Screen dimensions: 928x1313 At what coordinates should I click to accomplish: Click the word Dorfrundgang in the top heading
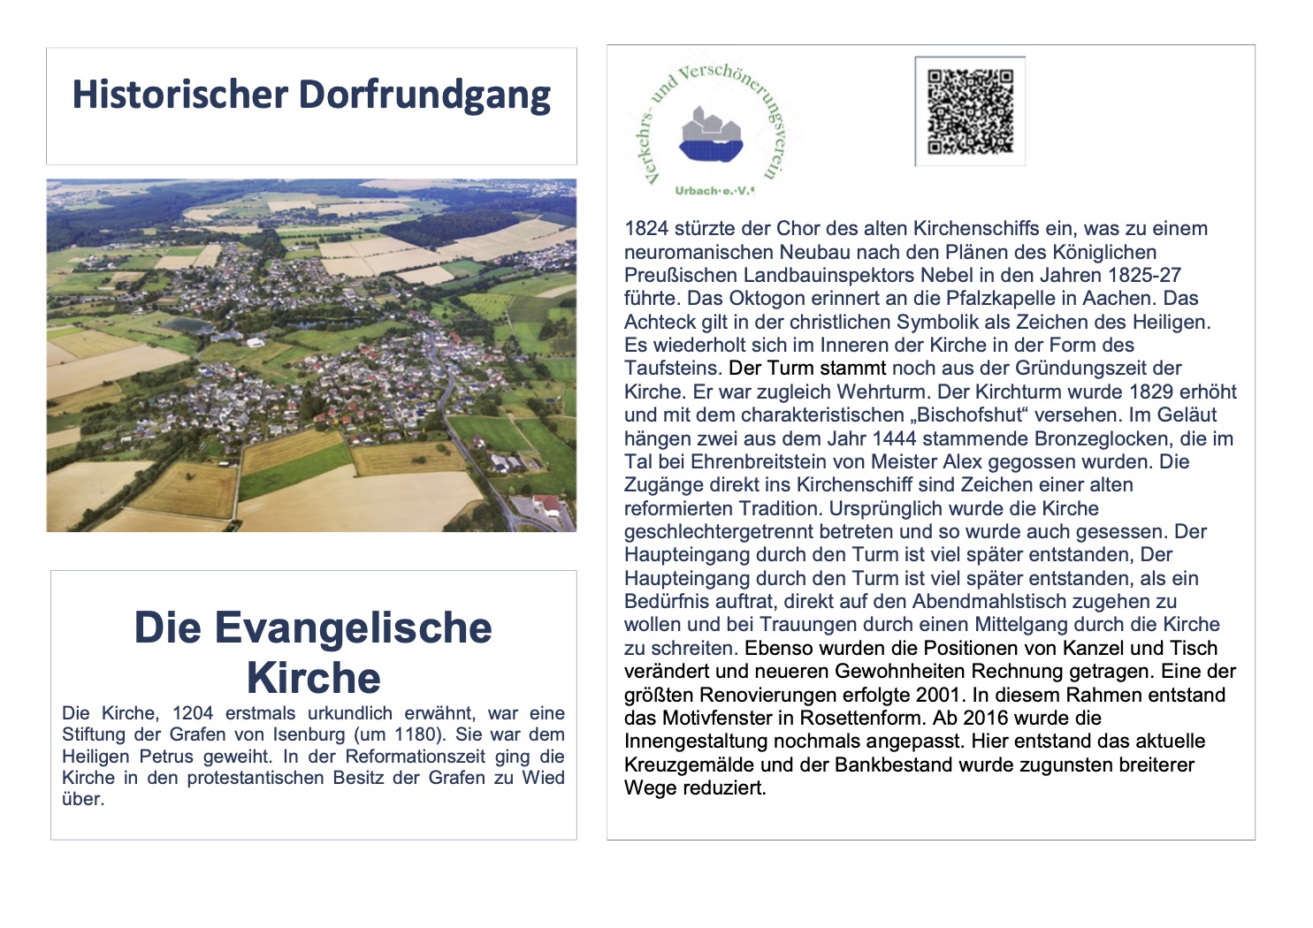(x=424, y=95)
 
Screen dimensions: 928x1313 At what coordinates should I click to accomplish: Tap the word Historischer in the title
(x=180, y=95)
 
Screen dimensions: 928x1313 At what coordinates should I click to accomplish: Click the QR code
(x=970, y=112)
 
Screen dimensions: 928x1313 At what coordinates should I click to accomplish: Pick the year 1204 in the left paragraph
(x=193, y=713)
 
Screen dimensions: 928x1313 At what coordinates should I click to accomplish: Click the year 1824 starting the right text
(x=646, y=229)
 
